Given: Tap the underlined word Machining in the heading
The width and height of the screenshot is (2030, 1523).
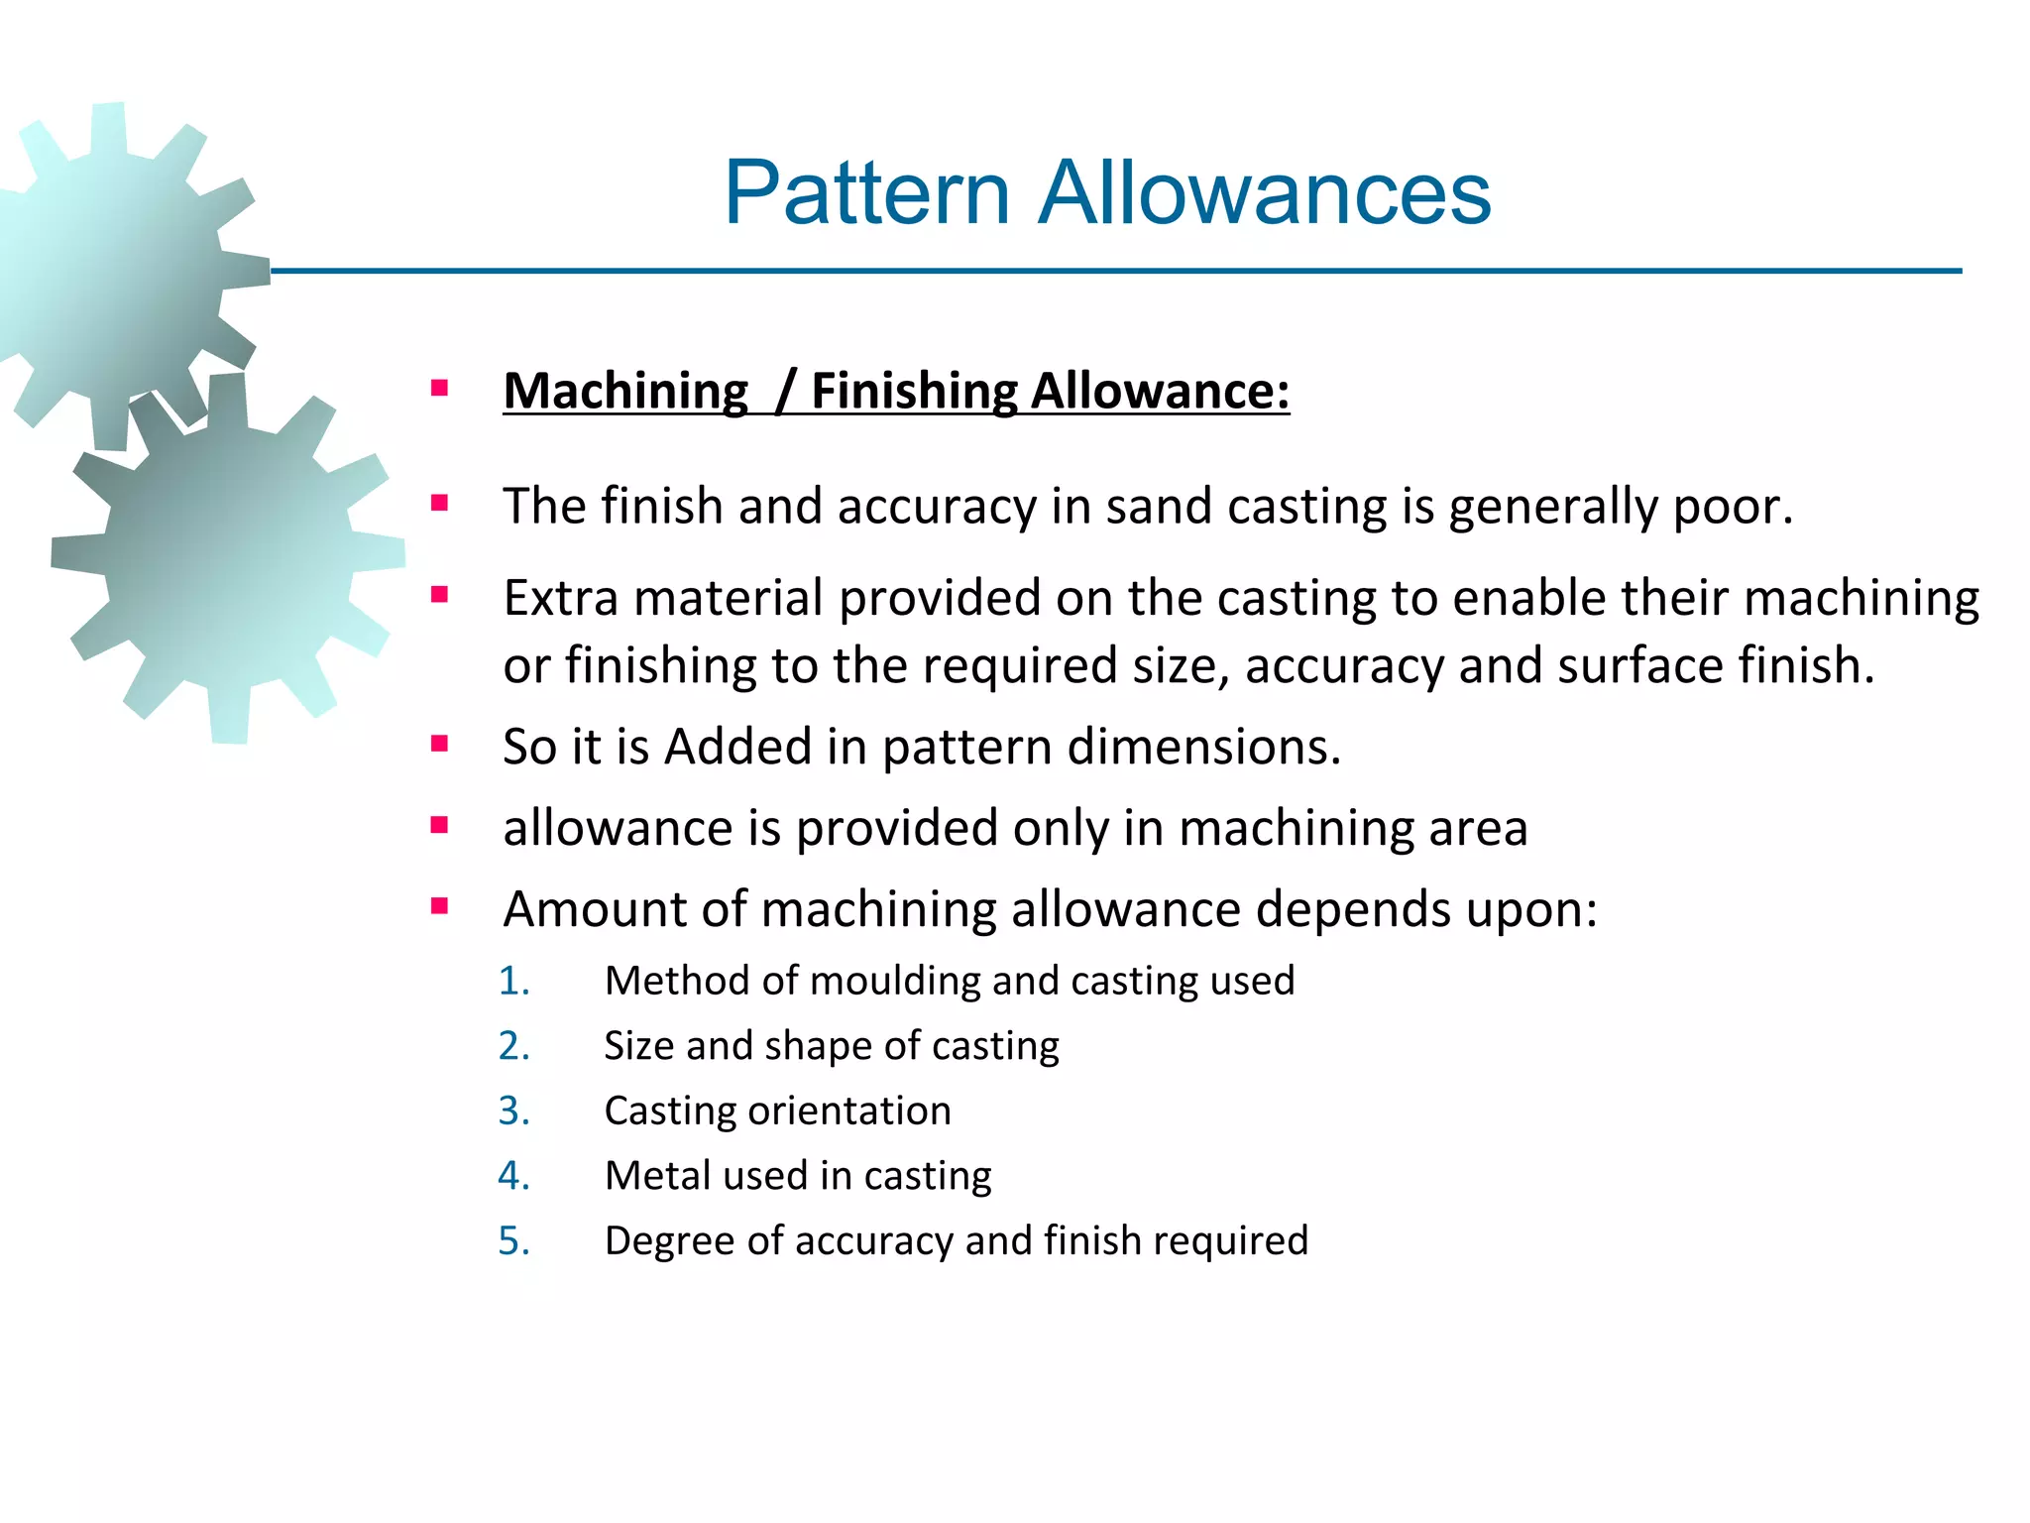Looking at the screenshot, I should click(x=625, y=391).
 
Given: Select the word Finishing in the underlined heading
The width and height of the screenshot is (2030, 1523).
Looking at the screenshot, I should click(x=914, y=391).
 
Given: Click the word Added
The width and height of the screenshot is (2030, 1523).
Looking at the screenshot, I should click(x=737, y=747).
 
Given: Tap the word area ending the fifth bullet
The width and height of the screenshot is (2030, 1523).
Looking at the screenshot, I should click(x=1478, y=829).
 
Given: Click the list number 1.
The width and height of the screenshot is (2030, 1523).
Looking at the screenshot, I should click(x=513, y=981).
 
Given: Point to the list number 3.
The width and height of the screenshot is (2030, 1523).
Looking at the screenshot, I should click(x=513, y=1111).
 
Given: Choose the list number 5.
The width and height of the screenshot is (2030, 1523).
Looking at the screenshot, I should click(x=513, y=1240).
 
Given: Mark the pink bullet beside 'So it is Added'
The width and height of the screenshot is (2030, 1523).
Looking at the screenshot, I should click(x=440, y=744).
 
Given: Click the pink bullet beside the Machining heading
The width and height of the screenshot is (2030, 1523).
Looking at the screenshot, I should click(x=440, y=388).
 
